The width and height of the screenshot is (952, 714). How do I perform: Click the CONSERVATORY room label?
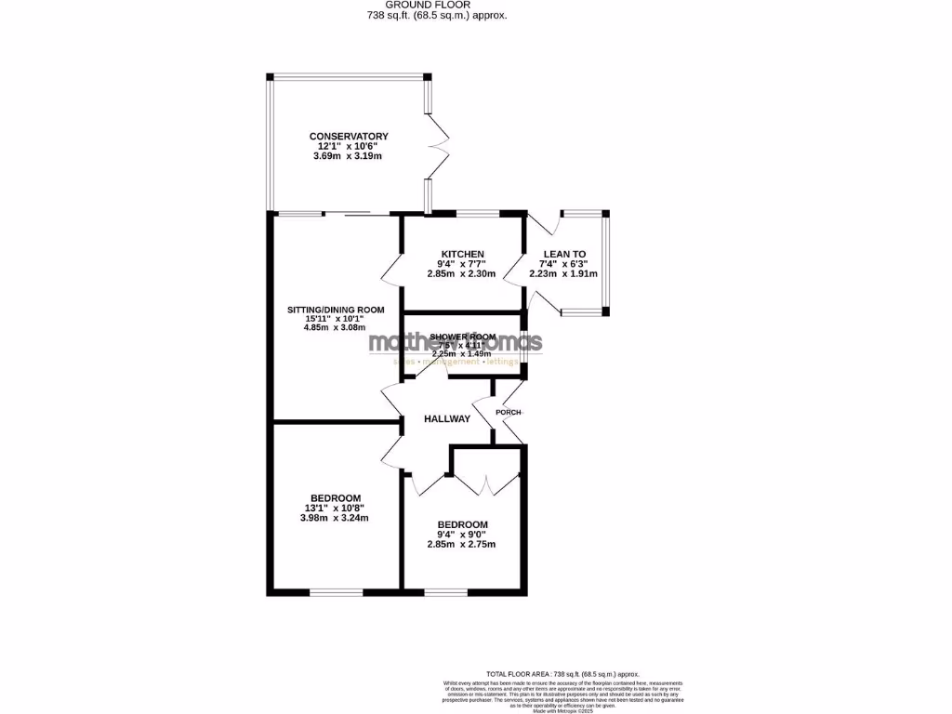(x=349, y=137)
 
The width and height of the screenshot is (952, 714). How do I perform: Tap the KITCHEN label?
(x=462, y=255)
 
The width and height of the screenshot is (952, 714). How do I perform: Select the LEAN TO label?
(x=563, y=254)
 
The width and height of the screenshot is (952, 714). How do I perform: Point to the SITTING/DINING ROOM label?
(x=336, y=310)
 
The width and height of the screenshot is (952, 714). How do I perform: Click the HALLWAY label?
(x=446, y=419)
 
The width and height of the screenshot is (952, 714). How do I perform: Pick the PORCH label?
(x=509, y=412)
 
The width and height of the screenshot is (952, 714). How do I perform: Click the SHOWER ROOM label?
(x=462, y=337)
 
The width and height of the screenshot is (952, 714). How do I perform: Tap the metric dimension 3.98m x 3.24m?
(x=335, y=518)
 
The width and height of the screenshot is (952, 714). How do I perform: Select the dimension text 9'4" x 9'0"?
(x=462, y=534)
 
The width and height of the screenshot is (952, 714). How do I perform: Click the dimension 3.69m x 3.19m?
(x=349, y=156)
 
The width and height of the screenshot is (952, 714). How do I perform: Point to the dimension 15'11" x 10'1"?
(x=336, y=319)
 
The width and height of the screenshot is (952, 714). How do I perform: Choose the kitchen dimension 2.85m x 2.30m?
(x=462, y=274)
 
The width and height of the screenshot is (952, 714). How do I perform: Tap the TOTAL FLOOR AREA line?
(x=563, y=673)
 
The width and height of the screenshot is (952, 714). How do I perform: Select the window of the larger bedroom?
(x=335, y=591)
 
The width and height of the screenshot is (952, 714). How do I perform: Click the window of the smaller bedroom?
(x=446, y=591)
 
